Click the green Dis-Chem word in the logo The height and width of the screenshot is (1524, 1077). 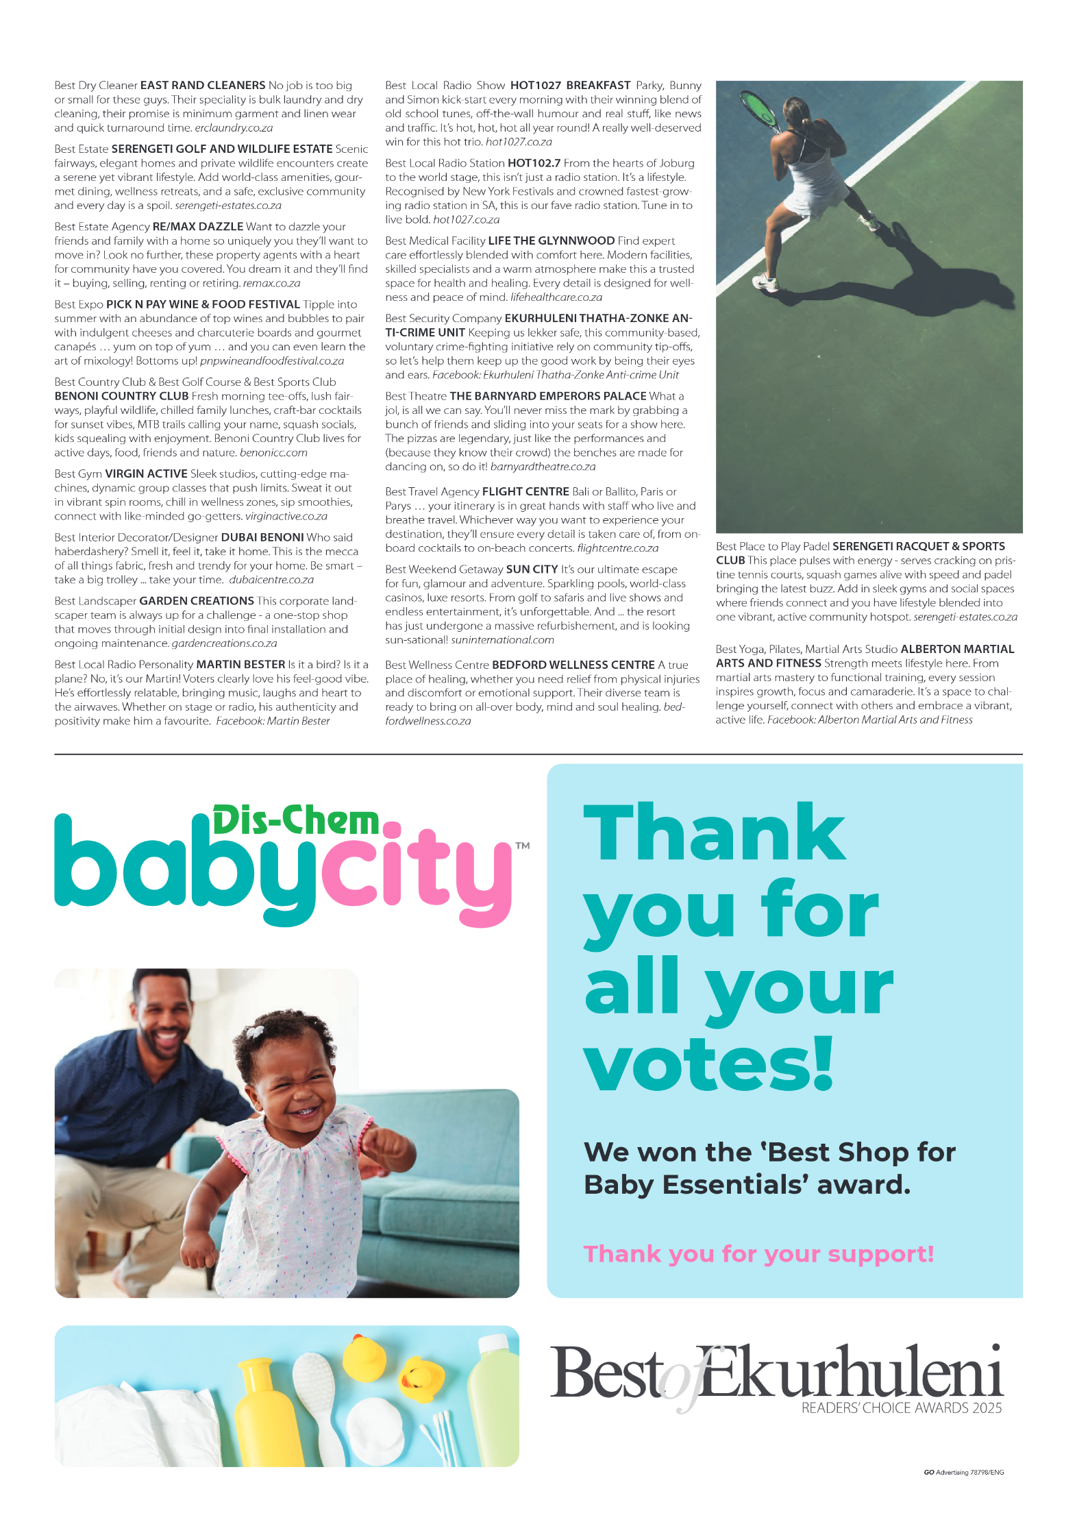pos(295,820)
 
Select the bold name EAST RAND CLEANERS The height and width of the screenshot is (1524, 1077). pos(202,86)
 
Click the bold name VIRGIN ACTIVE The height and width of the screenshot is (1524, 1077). pos(146,474)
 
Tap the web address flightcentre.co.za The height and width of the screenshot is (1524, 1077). pos(617,548)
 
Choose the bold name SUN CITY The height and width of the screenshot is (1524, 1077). pos(532,569)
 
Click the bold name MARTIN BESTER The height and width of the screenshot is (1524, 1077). pos(240,665)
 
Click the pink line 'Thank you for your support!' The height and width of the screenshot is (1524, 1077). pos(758,1253)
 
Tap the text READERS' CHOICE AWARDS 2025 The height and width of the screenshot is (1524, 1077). pos(901,1408)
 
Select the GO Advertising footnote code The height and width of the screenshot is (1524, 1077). pos(963,1472)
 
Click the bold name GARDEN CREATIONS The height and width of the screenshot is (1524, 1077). pos(197,601)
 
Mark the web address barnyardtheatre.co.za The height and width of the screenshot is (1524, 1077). pos(543,467)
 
